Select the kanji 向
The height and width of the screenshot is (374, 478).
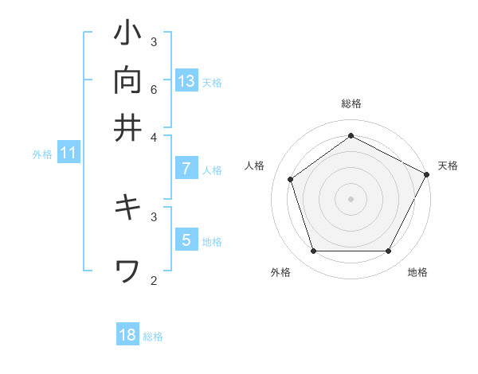click(x=128, y=81)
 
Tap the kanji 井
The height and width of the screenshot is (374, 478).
click(x=128, y=127)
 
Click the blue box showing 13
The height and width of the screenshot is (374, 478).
click(x=186, y=80)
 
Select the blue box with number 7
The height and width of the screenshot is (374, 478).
click(x=186, y=168)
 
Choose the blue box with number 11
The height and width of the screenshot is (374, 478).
click(x=68, y=153)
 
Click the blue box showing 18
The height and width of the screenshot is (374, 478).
click(x=127, y=334)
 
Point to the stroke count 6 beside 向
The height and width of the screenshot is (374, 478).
click(x=154, y=89)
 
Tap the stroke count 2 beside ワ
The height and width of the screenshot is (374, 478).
click(x=154, y=280)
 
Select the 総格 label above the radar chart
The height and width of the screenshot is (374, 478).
click(x=351, y=103)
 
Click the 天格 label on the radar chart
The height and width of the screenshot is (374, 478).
click(x=448, y=166)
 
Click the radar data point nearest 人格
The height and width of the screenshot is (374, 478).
click(x=291, y=179)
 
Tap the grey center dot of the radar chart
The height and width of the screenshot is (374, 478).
click(x=351, y=198)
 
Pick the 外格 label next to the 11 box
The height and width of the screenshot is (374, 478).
click(x=42, y=154)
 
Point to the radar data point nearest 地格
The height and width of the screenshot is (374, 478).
click(x=389, y=251)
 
